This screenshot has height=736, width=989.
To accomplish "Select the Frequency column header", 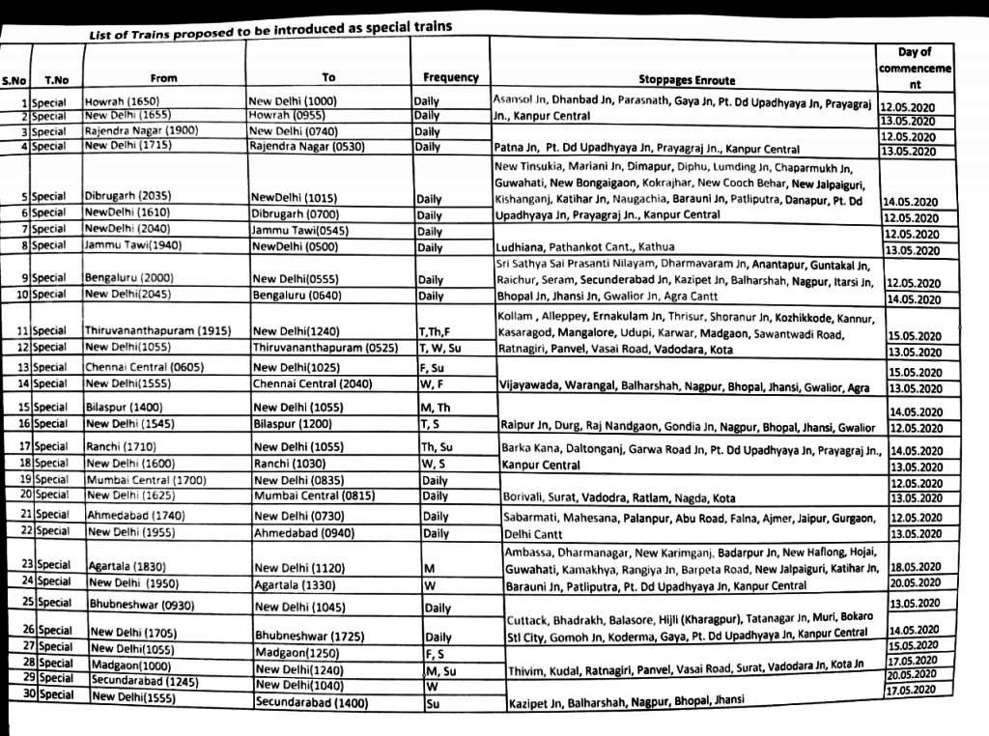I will click(450, 77).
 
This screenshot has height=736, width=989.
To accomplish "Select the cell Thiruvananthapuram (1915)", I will click(156, 330).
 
